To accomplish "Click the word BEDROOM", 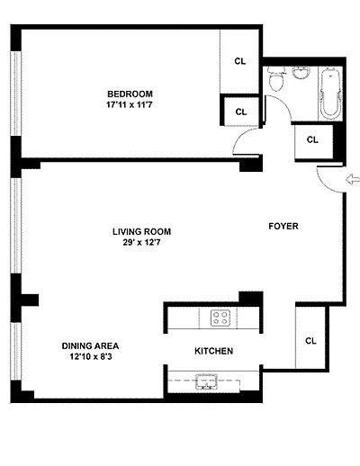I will (x=130, y=94).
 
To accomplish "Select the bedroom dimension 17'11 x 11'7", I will (x=130, y=105).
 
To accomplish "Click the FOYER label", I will (x=283, y=226).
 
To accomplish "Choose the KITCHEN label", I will (x=214, y=351).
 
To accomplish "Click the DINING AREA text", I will (x=91, y=345).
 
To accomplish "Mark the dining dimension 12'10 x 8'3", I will (x=91, y=357).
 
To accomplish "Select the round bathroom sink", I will (x=303, y=76).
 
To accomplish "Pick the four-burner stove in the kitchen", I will (x=220, y=317).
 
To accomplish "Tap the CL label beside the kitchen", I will (x=310, y=341).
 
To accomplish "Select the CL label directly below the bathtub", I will (x=312, y=139).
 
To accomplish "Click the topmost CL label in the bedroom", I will (x=240, y=61).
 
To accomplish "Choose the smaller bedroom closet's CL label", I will (x=240, y=112).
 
